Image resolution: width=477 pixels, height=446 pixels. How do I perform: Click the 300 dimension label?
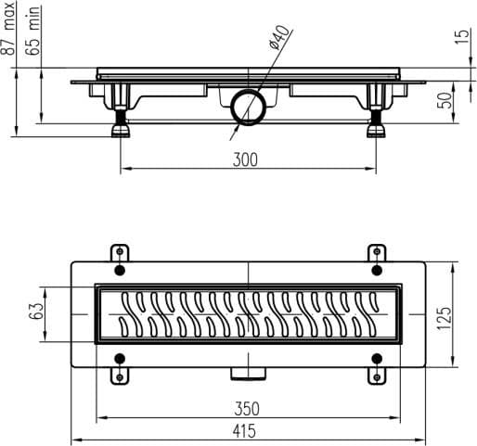pos(245,159)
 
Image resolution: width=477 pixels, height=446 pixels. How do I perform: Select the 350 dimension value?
pos(247,409)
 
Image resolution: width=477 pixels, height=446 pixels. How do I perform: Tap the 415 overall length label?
pos(244,431)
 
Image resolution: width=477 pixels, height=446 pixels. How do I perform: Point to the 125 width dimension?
pos(445,318)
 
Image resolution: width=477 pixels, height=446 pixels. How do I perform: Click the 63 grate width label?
pos(34,312)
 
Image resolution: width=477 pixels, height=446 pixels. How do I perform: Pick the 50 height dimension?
pos(445,100)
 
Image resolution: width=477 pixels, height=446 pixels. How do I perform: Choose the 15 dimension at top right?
pos(462,36)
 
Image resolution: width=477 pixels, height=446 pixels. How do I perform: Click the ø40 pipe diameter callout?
pos(279,37)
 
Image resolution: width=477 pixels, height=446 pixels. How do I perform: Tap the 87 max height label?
pos(7,29)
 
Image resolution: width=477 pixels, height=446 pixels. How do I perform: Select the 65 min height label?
pos(32,31)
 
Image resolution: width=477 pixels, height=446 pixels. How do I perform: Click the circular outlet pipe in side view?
pos(248,108)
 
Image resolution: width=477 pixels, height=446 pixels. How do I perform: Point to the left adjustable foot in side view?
pos(121,122)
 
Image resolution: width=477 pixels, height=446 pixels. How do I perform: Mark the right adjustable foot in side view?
pos(376,122)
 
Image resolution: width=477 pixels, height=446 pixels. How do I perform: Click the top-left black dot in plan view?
pos(120,271)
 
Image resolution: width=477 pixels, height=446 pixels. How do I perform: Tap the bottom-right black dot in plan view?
pos(377,359)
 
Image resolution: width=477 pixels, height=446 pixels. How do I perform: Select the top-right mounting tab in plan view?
pos(377,253)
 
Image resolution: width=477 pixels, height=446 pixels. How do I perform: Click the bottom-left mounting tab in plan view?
pos(120,376)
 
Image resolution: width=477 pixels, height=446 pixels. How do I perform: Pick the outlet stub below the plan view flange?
pos(248,374)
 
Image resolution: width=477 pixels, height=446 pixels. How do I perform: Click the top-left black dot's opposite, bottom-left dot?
pos(120,359)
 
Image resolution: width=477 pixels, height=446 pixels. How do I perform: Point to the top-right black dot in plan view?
pos(377,271)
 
